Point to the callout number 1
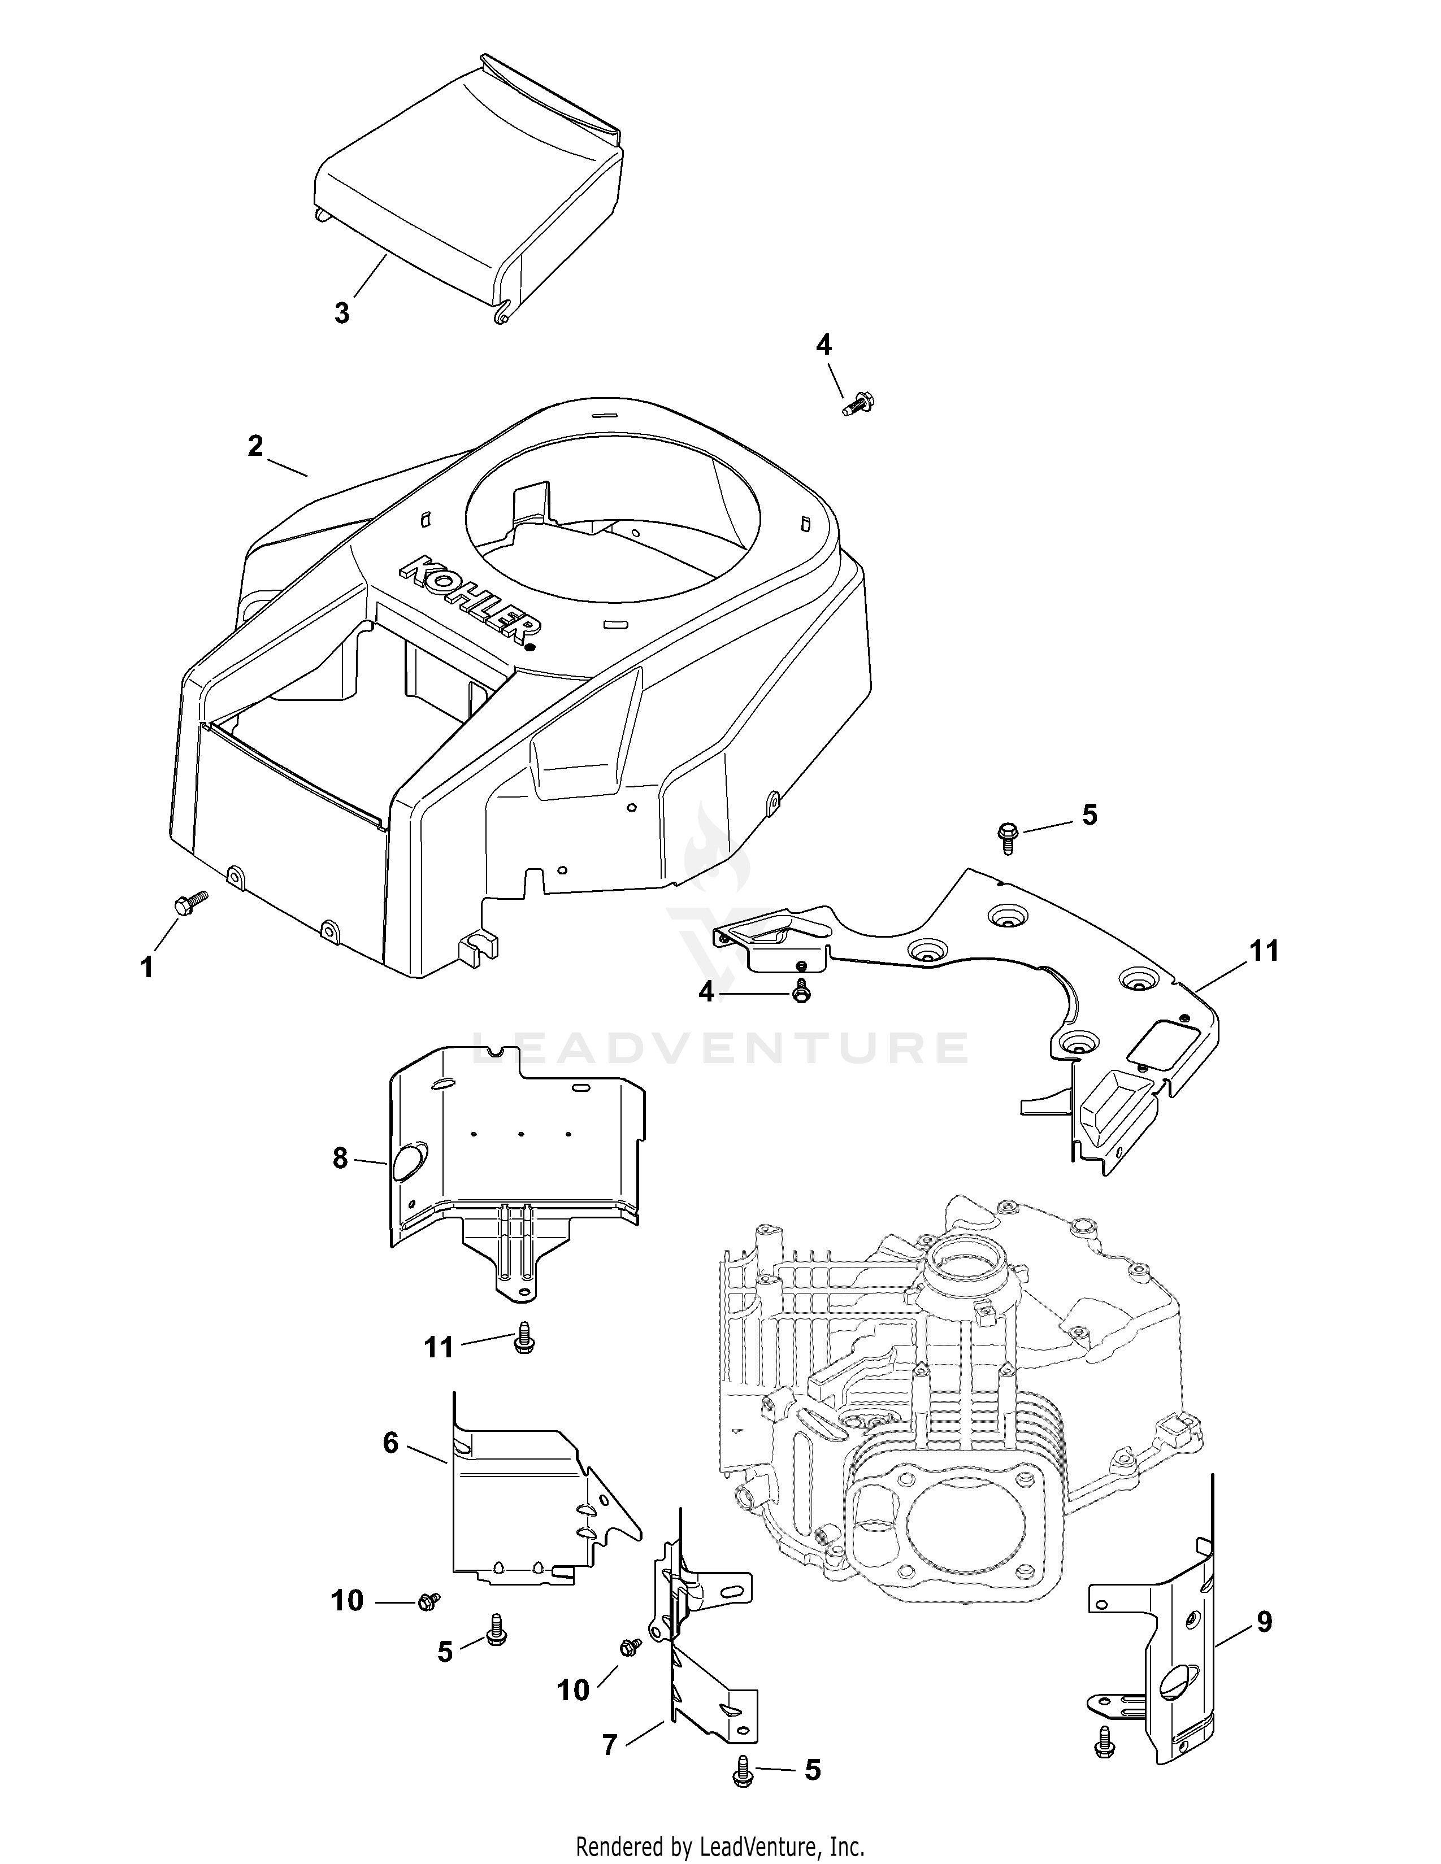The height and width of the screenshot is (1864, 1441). tap(147, 968)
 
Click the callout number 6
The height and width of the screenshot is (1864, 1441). tap(390, 1443)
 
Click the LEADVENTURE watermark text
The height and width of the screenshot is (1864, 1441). tap(719, 1048)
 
